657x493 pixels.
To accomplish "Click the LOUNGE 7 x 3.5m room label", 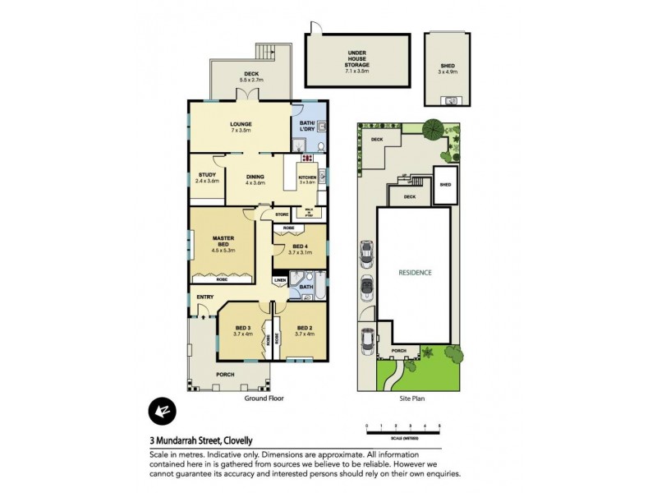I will [241, 127].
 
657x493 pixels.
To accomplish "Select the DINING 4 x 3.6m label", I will [255, 179].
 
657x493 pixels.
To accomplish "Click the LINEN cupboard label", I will [279, 280].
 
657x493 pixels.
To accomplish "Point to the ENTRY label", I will [204, 297].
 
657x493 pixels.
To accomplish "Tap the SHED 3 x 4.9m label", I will [447, 68].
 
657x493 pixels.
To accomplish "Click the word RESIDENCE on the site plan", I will [415, 272].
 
